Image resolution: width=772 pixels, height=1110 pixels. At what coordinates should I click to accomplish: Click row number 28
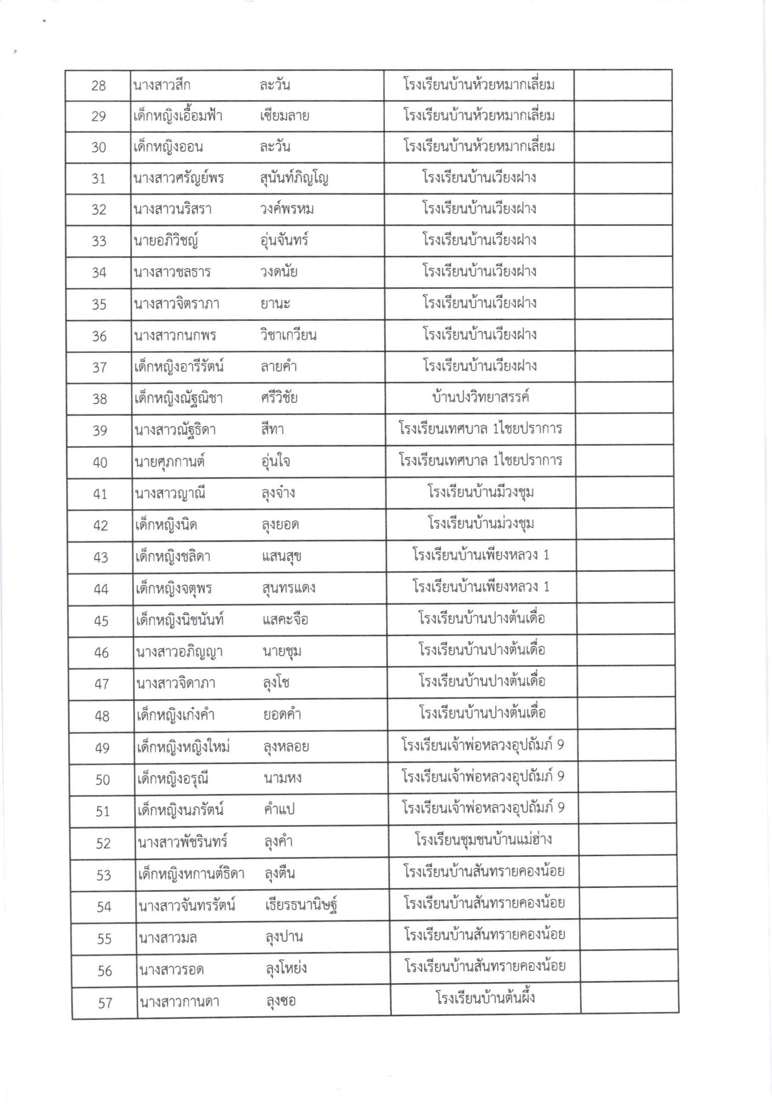coord(99,86)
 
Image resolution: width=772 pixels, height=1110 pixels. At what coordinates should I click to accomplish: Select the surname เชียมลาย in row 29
coord(284,116)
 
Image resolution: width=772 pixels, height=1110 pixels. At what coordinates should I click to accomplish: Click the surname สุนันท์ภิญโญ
coord(294,178)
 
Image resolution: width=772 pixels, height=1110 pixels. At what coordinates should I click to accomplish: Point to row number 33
coord(99,241)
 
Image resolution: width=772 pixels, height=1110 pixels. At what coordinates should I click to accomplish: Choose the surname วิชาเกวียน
coord(288,335)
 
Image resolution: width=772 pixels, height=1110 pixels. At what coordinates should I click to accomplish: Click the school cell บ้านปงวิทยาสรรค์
coord(480,397)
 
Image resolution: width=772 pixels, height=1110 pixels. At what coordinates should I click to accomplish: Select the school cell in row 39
coord(480,429)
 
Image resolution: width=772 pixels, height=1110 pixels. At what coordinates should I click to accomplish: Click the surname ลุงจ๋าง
coord(278,493)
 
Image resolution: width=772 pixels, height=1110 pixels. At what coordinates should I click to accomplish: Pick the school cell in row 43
coord(481,556)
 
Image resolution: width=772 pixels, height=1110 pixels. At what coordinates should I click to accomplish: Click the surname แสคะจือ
coord(285,619)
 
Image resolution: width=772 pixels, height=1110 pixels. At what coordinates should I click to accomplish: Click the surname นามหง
coord(282,779)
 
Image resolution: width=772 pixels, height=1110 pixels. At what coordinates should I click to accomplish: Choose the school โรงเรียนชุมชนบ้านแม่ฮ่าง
coord(483,841)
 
